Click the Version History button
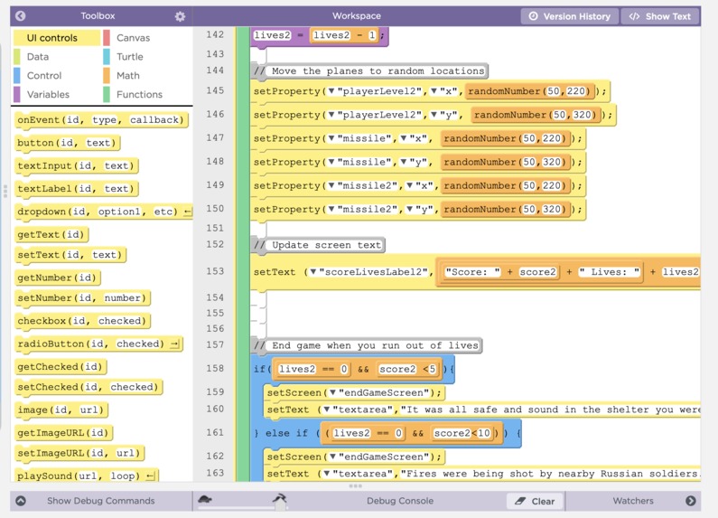pos(570,16)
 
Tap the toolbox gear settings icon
pos(180,16)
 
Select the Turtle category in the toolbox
pos(129,56)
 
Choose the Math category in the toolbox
pos(127,75)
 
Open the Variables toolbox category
pos(48,94)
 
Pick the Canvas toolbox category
pos(133,38)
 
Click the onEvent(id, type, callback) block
pos(101,120)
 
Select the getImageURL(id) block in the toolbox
pos(63,433)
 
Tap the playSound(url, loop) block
pos(86,476)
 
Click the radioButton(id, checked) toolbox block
pos(98,344)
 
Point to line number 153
pos(215,271)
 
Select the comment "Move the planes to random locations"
pos(370,71)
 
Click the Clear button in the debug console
pos(536,501)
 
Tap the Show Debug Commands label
pos(101,501)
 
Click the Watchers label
pos(633,501)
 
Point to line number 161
pos(215,433)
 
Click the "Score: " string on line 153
pos(472,272)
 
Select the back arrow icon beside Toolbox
pos(20,16)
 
